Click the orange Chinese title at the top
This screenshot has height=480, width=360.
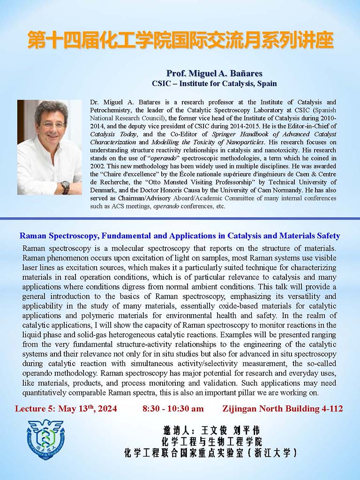[x=180, y=41]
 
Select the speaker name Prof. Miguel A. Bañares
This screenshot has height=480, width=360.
[x=214, y=74]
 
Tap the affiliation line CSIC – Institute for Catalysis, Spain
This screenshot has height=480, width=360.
[x=214, y=84]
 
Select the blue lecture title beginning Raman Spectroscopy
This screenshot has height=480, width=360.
[x=180, y=236]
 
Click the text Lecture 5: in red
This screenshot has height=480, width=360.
[x=32, y=409]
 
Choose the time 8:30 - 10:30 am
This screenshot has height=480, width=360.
[x=173, y=409]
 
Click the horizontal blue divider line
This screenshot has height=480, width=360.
[x=180, y=218]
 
